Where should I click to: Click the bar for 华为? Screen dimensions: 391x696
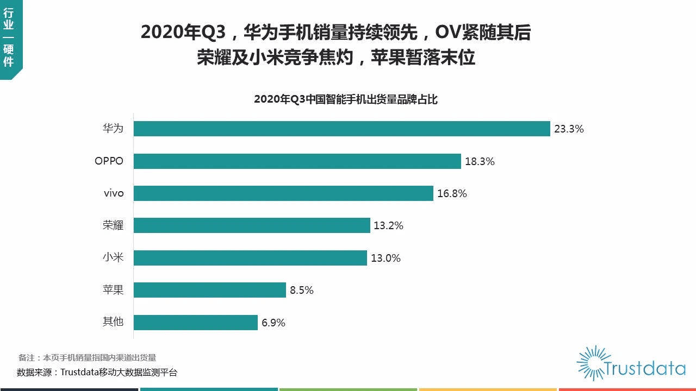click(341, 129)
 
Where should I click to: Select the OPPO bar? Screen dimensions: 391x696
click(297, 161)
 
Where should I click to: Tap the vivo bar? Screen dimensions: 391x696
click(283, 193)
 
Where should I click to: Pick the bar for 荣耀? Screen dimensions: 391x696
click(252, 225)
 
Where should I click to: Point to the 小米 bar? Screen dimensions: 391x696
click(250, 258)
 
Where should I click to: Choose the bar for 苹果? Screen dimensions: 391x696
click(209, 290)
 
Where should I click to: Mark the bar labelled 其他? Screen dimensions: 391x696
click(195, 323)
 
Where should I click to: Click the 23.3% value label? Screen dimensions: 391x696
click(569, 129)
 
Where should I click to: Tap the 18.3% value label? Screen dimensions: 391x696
click(480, 161)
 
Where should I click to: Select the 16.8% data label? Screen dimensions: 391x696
click(452, 193)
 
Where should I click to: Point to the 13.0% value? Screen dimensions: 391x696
click(386, 258)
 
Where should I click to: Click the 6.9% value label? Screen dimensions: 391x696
click(274, 323)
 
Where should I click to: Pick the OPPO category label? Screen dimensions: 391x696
click(109, 161)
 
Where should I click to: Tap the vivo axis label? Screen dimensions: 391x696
click(114, 193)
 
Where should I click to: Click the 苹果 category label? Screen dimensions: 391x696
click(113, 290)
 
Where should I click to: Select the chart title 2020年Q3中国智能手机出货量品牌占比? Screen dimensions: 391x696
click(346, 99)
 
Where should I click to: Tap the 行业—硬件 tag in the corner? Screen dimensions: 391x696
click(9, 38)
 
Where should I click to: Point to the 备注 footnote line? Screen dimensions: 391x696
click(87, 357)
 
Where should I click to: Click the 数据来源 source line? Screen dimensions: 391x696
click(97, 373)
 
